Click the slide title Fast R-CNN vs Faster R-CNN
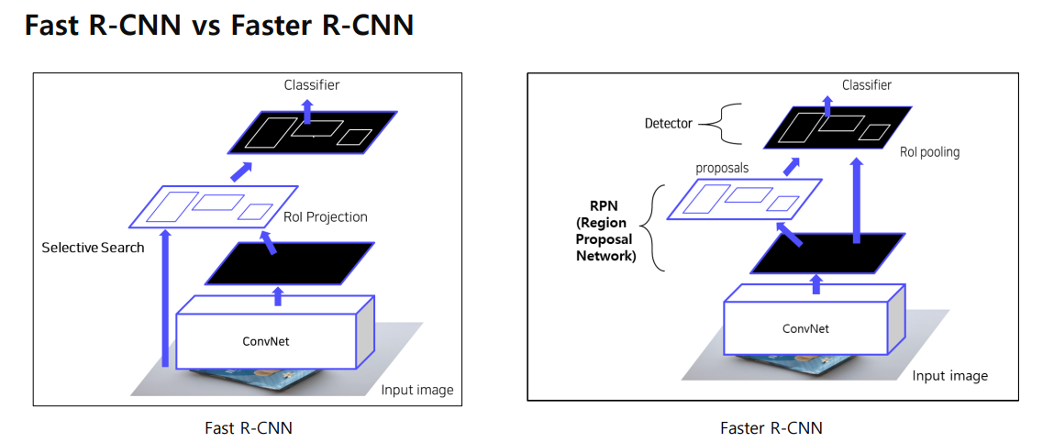[218, 25]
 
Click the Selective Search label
[93, 248]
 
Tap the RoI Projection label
[325, 217]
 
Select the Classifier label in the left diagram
[311, 85]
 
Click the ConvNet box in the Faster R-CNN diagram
[804, 327]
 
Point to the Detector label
[669, 123]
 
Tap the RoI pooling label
[928, 152]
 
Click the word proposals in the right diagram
[722, 169]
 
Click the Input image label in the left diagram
[416, 390]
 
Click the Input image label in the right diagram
[949, 376]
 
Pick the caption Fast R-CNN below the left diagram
[249, 428]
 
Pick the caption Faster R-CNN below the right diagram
[771, 428]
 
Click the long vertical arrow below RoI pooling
[856, 202]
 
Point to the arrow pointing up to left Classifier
[307, 109]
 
